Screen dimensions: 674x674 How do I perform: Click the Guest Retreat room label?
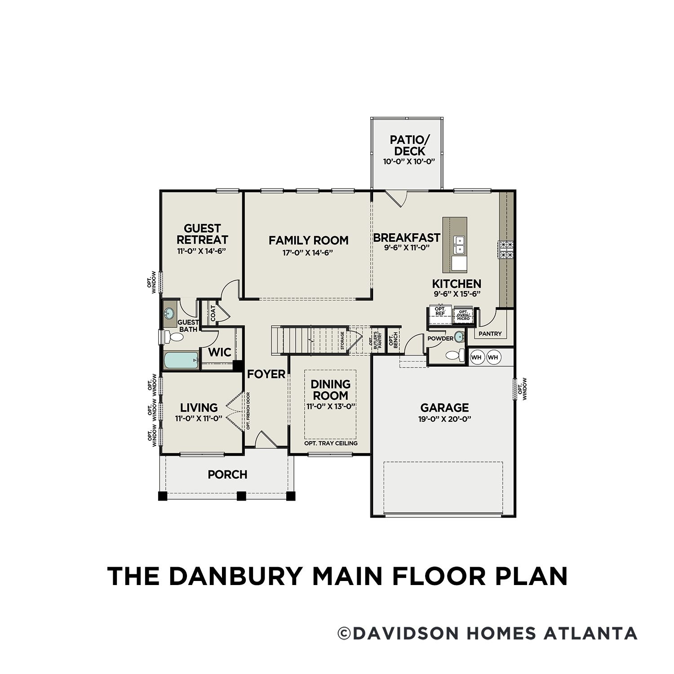(x=202, y=234)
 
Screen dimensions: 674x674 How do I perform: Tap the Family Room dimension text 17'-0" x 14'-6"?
(x=308, y=253)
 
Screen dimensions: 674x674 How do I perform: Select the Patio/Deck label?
(x=407, y=145)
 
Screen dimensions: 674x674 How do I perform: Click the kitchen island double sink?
(x=459, y=246)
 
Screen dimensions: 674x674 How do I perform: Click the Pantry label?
(x=490, y=334)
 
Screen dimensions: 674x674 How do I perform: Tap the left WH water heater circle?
(x=476, y=357)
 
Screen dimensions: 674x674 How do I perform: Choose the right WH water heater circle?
(x=493, y=357)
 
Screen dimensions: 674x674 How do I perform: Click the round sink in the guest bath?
(x=170, y=313)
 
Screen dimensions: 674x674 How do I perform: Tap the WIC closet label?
(x=220, y=352)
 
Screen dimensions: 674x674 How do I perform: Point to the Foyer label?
(x=266, y=374)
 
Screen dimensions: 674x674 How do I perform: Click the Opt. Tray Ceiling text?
(x=331, y=443)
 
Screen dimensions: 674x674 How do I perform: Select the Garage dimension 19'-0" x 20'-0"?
(x=444, y=419)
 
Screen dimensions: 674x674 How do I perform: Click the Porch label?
(x=228, y=474)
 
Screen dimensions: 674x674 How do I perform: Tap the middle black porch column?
(x=241, y=496)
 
